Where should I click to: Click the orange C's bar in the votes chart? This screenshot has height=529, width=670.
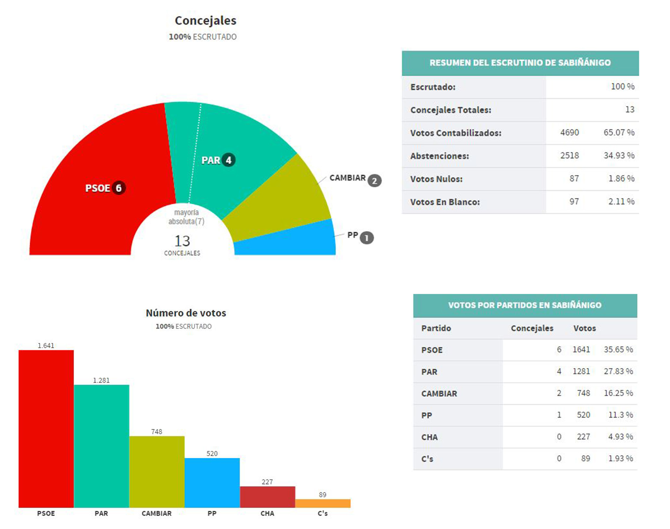323,503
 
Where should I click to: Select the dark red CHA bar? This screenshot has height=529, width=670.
267,497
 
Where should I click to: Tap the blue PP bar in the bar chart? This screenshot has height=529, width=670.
212,483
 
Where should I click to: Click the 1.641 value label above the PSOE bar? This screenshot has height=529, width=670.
46,346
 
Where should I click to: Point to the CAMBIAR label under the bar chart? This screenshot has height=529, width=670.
156,513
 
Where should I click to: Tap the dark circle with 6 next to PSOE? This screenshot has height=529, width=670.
119,188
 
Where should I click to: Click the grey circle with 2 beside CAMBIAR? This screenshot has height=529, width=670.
374,181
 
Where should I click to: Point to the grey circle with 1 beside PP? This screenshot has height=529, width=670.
366,238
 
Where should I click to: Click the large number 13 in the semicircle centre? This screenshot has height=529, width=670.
182,241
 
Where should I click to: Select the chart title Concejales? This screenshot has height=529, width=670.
205,21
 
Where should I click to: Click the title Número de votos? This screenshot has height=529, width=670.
186,313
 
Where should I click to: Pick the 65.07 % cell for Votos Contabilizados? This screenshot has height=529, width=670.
619,133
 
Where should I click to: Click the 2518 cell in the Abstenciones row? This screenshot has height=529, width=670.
569,156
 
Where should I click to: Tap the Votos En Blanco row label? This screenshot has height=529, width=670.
445,202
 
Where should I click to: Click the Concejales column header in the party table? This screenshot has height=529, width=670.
532,328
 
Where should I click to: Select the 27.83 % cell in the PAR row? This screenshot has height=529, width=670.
618,371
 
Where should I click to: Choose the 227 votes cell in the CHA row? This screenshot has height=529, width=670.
583,437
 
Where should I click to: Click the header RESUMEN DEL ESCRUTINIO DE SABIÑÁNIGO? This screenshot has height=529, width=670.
520,63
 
